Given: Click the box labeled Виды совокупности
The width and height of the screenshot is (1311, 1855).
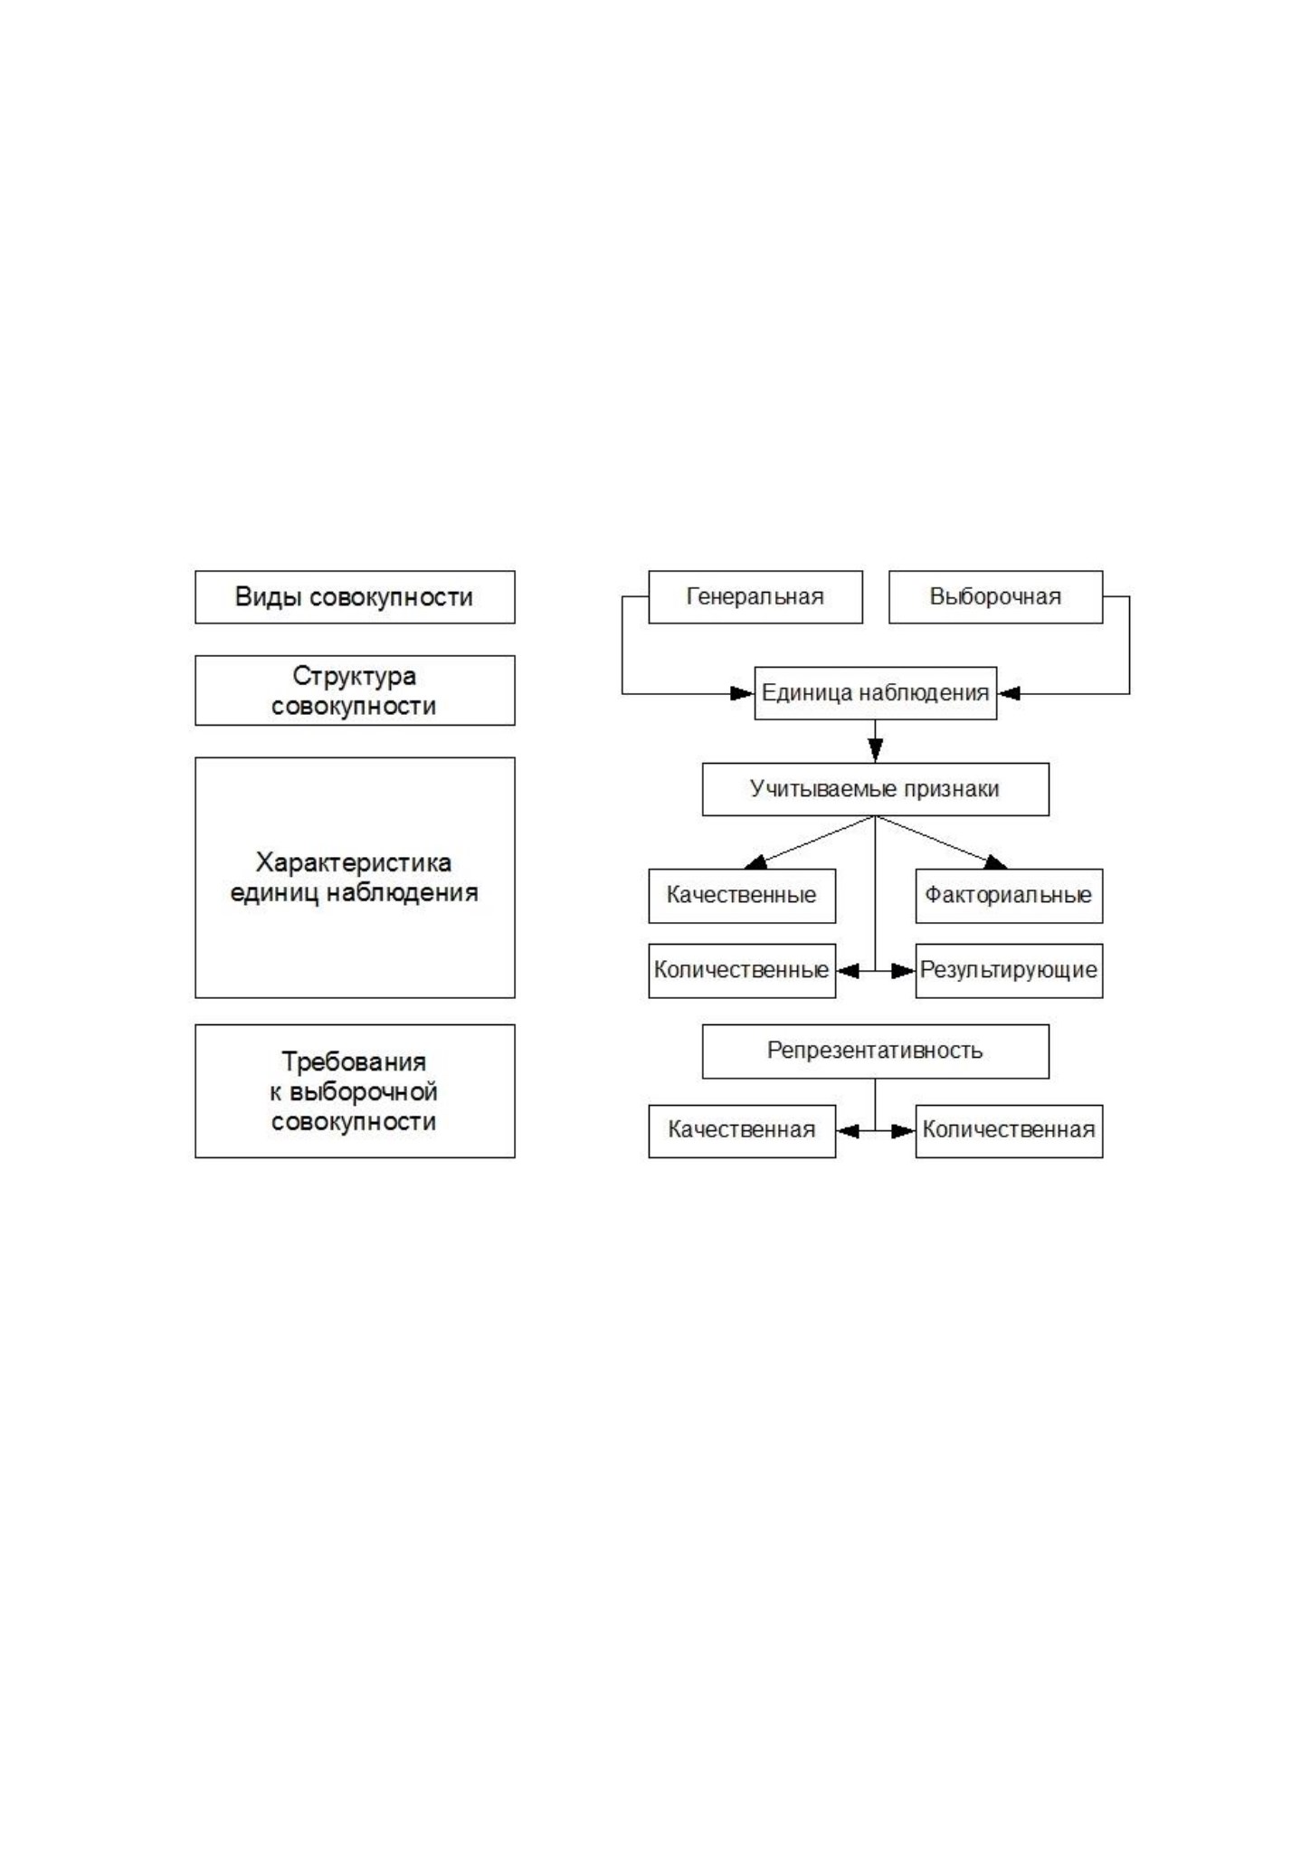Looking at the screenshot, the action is [x=355, y=597].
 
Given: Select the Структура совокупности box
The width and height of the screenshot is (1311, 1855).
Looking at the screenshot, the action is [x=355, y=690].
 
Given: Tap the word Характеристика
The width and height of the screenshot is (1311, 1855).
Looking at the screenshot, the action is [x=354, y=862].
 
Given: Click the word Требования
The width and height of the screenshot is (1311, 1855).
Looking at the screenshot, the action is [x=354, y=1061].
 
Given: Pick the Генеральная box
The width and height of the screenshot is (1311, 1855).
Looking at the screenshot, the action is [x=755, y=597].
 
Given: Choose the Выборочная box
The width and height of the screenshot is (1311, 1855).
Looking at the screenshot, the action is [x=995, y=597].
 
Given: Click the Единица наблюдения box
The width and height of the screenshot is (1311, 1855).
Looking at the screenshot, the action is [x=876, y=693].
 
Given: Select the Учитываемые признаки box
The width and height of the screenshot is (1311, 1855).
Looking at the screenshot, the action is [x=876, y=789].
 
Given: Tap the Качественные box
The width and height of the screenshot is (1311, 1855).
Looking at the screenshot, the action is [x=742, y=896].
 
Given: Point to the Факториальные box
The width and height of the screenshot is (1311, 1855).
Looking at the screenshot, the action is [x=1009, y=896].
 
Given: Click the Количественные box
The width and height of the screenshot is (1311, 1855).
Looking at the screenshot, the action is [x=742, y=971].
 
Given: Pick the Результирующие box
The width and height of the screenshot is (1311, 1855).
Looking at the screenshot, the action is [x=1009, y=971].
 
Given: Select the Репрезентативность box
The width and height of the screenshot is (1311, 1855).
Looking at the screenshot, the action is [x=876, y=1051].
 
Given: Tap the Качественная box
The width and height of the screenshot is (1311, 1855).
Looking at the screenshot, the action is [x=742, y=1131].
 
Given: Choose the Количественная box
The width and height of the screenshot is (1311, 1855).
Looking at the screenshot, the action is [x=1009, y=1131].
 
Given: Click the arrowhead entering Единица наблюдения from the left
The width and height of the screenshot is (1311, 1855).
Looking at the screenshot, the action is [x=743, y=694].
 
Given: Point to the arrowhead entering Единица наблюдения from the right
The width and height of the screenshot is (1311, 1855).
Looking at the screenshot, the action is [x=1009, y=694].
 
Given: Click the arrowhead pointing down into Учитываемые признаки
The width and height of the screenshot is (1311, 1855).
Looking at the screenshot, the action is [x=875, y=751].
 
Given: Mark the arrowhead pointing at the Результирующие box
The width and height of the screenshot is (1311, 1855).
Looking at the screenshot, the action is [x=903, y=972].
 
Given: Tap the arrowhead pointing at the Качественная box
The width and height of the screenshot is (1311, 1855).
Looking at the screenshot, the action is [x=848, y=1131].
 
